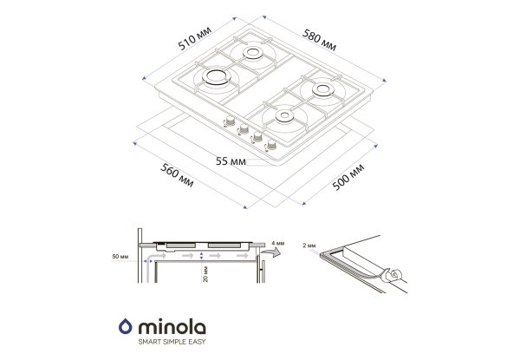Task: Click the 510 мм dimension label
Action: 194,38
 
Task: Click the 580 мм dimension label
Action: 319,40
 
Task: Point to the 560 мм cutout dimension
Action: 177,175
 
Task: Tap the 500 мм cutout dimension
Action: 348,177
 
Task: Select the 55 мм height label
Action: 231,161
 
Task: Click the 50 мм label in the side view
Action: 120,257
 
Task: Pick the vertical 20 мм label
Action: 205,274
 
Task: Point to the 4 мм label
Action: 278,243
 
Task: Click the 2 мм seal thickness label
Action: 309,245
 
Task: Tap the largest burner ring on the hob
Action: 216,76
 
